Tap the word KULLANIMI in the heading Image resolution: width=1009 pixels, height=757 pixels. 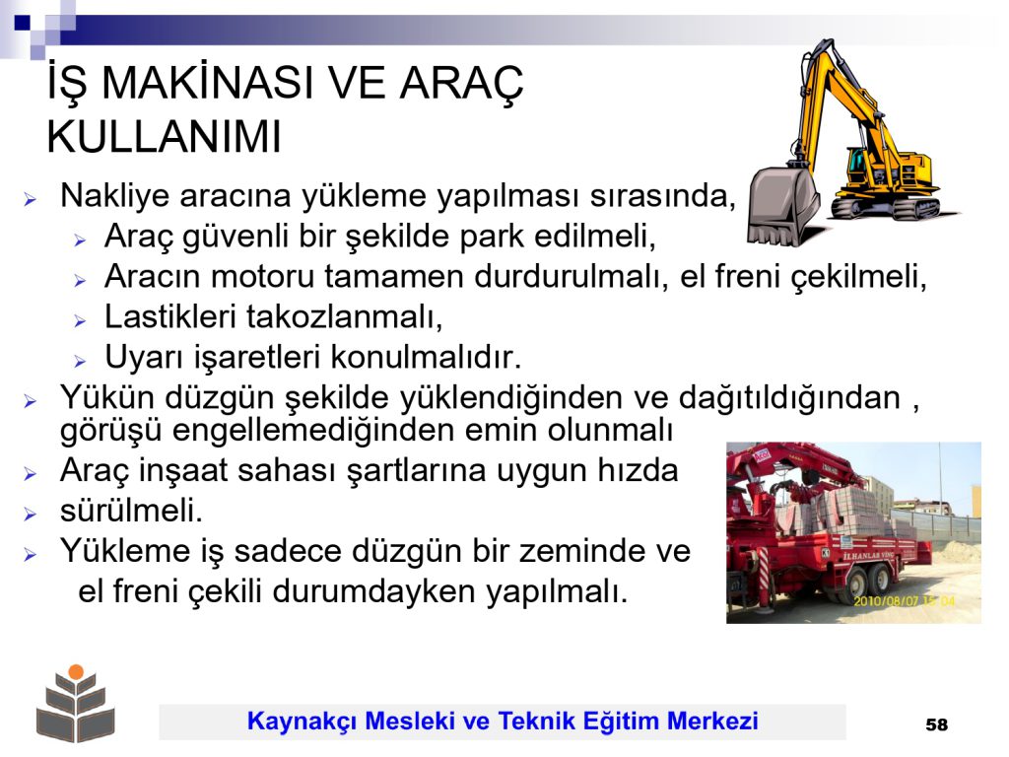pos(165,136)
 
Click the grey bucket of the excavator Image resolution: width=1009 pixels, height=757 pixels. pos(783,205)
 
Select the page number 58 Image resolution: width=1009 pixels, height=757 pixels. pos(936,724)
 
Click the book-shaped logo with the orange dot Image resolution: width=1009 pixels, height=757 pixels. pos(76,703)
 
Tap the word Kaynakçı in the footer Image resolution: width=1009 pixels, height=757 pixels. pos(302,722)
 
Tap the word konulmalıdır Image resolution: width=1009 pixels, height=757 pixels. pos(426,357)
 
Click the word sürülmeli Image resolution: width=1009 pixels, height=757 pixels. pos(131,511)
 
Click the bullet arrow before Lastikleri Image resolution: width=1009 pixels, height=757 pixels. pos(80,320)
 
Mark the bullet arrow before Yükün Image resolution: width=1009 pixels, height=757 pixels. pos(30,401)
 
